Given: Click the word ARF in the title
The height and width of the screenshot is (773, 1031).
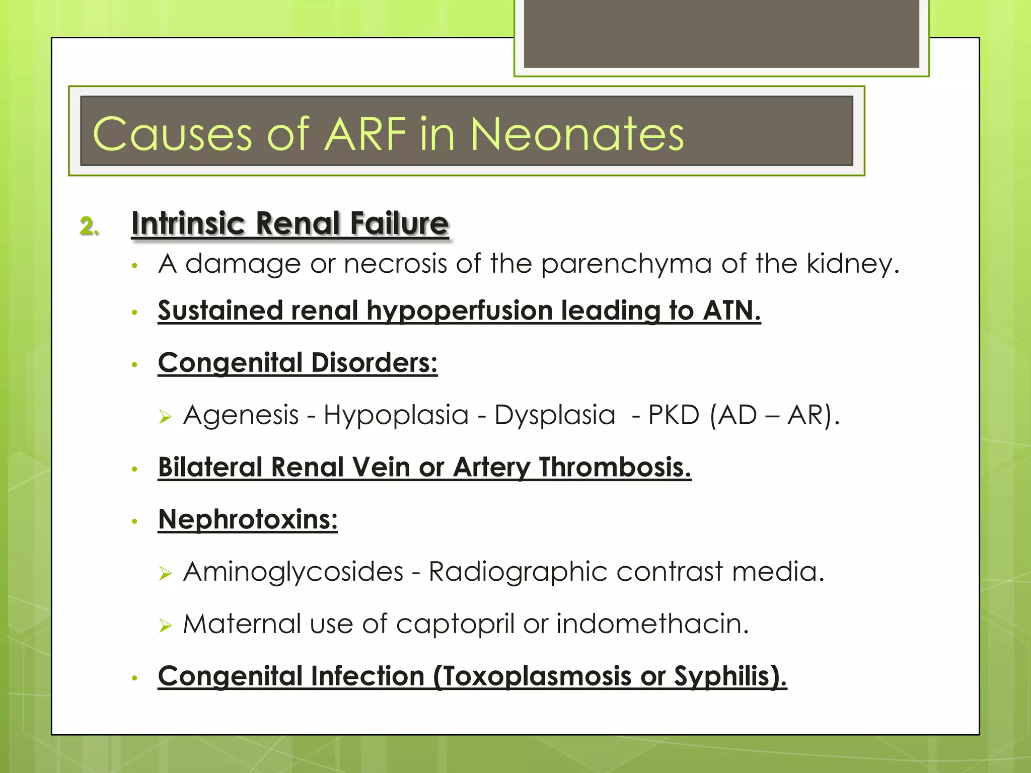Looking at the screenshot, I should point(365,134).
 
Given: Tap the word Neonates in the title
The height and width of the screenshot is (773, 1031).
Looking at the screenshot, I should point(577,134).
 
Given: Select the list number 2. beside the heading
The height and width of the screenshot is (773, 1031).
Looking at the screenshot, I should point(89,226).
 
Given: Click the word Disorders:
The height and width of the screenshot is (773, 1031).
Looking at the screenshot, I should point(374,363).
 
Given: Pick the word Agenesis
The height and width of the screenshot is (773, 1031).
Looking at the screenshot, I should point(241,415).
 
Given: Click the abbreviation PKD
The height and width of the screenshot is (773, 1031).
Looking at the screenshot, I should point(674,415).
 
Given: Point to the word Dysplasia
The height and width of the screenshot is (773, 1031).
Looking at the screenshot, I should point(555,415).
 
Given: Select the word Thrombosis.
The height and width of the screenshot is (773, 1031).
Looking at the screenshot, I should point(615,468).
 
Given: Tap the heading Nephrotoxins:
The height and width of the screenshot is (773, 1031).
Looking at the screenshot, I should point(248,519).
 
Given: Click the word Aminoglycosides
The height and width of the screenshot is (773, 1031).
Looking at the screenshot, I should point(293,572).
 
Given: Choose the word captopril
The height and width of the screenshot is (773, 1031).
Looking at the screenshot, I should point(455,624).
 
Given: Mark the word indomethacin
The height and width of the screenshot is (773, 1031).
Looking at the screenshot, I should point(652,624).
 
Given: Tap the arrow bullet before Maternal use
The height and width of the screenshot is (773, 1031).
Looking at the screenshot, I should point(166,626).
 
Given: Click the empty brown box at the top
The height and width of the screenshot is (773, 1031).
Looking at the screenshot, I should point(721,33).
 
